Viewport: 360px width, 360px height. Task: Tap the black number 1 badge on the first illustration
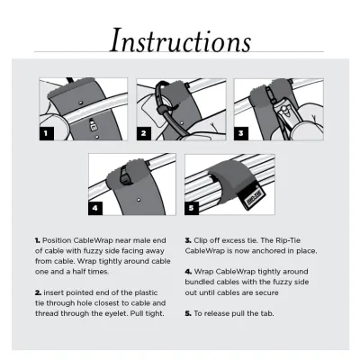(x=48, y=132)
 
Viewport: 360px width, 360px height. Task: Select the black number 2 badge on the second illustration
(x=143, y=132)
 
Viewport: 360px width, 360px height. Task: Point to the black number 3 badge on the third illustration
(x=240, y=132)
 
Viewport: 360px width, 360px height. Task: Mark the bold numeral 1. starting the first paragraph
(x=38, y=241)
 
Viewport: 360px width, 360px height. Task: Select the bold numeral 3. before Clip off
(x=187, y=241)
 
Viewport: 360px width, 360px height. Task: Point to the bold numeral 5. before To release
(x=187, y=312)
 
